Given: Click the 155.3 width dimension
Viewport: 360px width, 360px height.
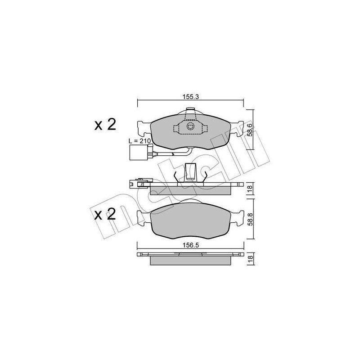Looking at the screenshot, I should [190, 96].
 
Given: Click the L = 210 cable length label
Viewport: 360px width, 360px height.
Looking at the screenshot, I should [140, 141].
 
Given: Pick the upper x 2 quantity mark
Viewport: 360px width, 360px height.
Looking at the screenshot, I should [105, 124].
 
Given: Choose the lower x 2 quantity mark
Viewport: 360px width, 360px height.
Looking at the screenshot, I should [105, 213].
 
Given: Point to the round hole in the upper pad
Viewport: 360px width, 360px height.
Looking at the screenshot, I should [190, 127].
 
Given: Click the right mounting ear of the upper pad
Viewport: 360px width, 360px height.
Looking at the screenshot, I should [238, 127].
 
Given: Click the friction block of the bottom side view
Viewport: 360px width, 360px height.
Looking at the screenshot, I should [190, 261].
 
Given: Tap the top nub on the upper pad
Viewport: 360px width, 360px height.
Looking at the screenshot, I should [190, 109].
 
